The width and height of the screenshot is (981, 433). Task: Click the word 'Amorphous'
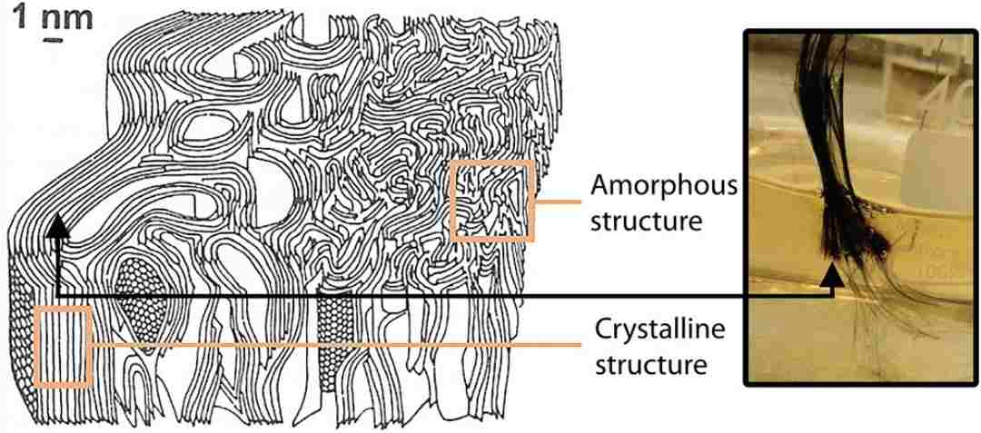[x=664, y=186]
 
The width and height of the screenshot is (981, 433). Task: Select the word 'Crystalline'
[x=659, y=329]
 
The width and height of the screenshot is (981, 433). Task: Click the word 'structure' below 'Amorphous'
[x=646, y=221]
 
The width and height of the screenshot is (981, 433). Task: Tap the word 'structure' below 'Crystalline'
[x=650, y=364]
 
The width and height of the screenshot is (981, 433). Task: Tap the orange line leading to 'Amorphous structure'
[x=558, y=202]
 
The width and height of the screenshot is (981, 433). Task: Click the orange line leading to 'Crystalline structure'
[x=337, y=344]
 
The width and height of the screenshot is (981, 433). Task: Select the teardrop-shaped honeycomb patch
[x=144, y=306]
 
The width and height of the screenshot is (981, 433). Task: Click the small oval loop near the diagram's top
[x=207, y=127]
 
